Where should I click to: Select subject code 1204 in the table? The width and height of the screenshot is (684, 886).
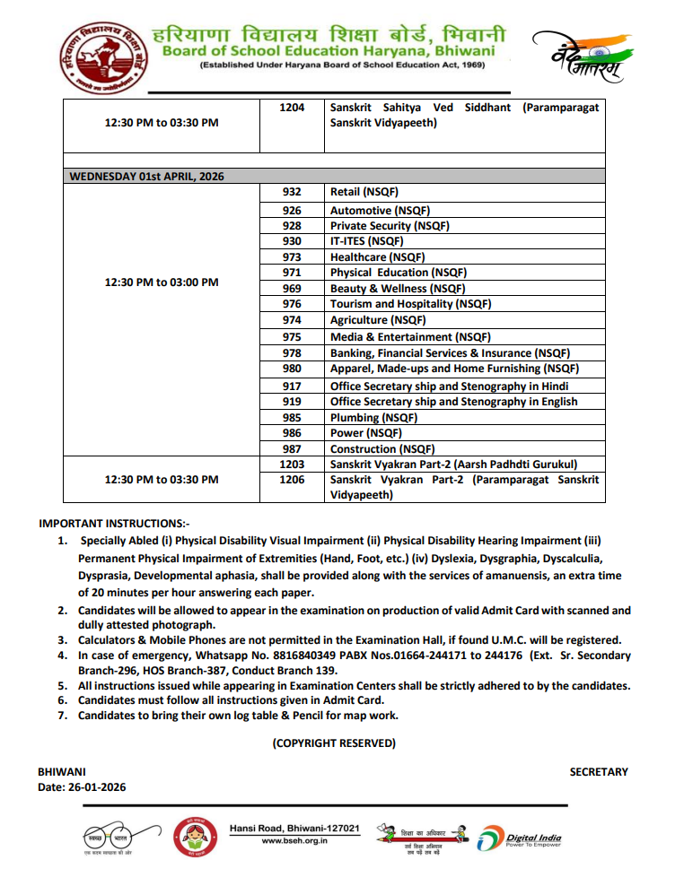292,108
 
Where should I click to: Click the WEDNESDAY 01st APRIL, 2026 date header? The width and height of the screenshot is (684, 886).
147,177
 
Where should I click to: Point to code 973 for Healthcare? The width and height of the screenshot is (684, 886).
292,257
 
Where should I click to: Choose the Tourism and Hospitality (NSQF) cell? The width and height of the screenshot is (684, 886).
410,304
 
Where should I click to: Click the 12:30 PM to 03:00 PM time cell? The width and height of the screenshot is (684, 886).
162,282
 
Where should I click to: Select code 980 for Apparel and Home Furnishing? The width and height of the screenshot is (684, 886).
292,369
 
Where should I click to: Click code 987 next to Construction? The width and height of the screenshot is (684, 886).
292,449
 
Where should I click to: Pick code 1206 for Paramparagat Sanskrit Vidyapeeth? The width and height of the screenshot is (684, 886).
292,480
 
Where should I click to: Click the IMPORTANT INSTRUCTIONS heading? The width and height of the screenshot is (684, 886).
114,524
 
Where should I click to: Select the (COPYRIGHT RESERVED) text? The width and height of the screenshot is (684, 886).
334,743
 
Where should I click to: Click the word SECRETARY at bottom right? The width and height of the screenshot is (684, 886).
599,772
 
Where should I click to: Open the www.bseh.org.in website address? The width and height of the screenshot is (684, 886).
294,841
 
